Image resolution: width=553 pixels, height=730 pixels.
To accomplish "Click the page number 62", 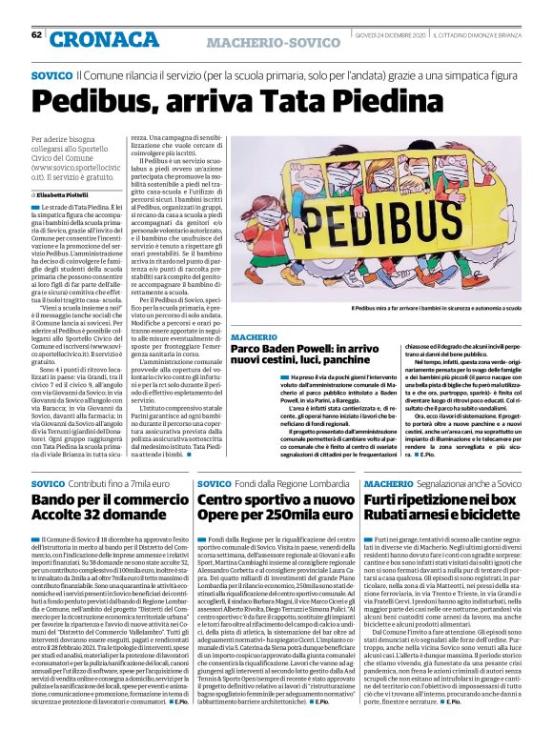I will [x=35, y=35].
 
